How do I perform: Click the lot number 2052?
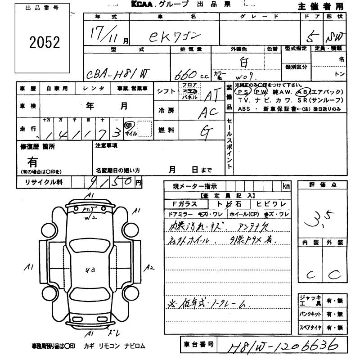pyautogui.click(x=44, y=42)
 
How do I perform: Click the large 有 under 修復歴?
pyautogui.click(x=32, y=162)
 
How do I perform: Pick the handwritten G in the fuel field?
pyautogui.click(x=206, y=131)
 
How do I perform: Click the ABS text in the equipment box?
pyautogui.click(x=246, y=108)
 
